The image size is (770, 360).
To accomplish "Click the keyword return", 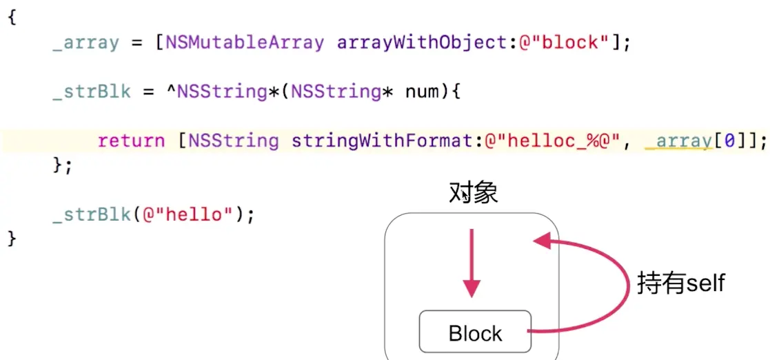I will click(x=131, y=141).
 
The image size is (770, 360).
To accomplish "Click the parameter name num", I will click(x=421, y=92).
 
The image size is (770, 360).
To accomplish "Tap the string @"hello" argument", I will click(x=187, y=214).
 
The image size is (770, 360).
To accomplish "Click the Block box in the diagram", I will click(x=475, y=333).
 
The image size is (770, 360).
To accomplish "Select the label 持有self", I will click(x=680, y=283).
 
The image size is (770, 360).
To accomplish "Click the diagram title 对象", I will click(x=473, y=193).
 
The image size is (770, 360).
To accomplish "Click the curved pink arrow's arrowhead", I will click(x=542, y=241).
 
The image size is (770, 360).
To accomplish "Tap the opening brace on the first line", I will click(x=12, y=17).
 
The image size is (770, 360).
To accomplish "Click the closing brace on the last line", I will click(x=12, y=239).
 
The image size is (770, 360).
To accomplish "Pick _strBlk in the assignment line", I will click(x=91, y=92).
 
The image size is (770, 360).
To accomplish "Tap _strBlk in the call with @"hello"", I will click(x=91, y=214).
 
